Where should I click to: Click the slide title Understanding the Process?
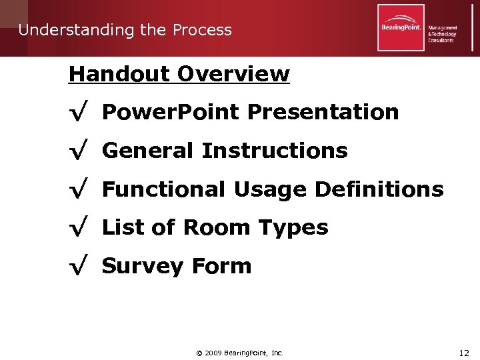(125, 30)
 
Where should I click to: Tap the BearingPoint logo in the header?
(401, 28)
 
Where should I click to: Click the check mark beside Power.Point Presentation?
(78, 113)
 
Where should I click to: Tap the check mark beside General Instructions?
(78, 151)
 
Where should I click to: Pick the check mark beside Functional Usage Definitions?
(78, 190)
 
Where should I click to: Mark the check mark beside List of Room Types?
(78, 228)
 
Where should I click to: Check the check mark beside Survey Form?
(78, 267)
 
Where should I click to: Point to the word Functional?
(164, 189)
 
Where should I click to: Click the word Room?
(215, 227)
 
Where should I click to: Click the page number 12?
(463, 352)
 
